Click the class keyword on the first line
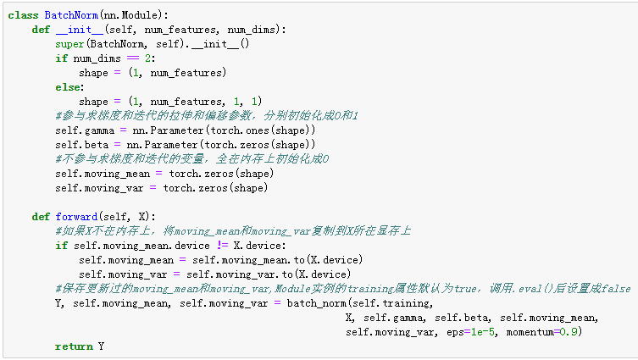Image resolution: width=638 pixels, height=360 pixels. pos(23,15)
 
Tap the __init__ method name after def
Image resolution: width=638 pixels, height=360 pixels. pos(72,30)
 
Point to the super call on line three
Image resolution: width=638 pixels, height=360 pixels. pos(70,44)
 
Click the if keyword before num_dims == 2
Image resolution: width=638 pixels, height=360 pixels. pos(60,58)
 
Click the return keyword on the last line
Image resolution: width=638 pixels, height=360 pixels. pos(73,346)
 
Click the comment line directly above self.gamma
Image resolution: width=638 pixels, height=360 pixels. pos(207,115)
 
